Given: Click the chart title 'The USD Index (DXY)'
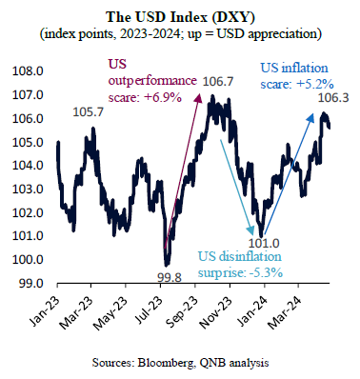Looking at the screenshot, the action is point(180,18).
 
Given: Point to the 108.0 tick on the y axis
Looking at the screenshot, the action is point(28,71).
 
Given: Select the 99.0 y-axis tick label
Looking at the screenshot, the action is point(28,284).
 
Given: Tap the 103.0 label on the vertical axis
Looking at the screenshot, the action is point(28,189).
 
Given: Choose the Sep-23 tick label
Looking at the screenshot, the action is point(183,311).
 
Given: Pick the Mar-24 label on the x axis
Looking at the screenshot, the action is point(285,311).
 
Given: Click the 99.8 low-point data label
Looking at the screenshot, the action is point(170,278).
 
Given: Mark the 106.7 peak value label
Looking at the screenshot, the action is point(218,82).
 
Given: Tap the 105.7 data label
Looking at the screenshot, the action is point(89,111).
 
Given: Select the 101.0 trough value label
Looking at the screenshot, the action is point(264,244).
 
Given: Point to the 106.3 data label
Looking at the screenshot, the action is point(333,98).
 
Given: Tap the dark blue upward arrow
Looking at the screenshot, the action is point(289,174).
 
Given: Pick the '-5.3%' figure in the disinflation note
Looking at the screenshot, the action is point(264,272).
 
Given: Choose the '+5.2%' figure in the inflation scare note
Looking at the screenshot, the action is point(314,85).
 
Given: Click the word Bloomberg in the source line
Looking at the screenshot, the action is point(165,363).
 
